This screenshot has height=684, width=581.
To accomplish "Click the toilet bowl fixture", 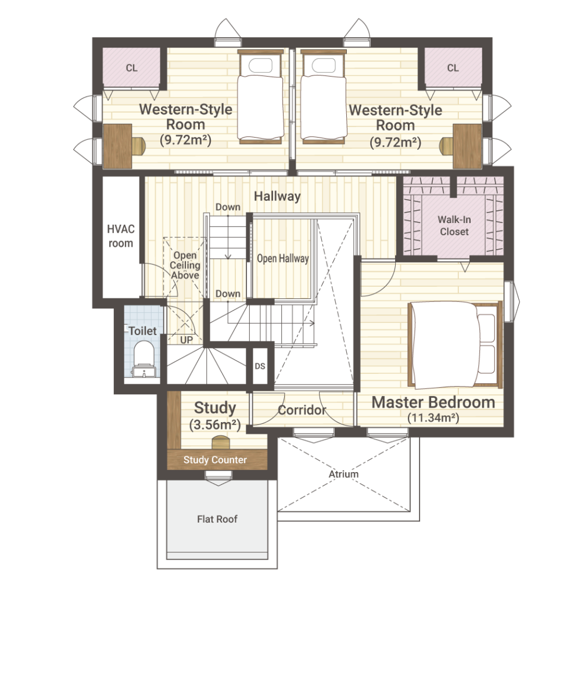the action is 143,358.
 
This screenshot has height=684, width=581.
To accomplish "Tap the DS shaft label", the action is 260,366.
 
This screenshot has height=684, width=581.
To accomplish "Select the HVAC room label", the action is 120,236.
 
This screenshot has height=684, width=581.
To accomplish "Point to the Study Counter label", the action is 215,460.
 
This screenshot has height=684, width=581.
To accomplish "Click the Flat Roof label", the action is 217,519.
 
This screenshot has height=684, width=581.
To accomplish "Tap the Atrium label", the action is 343,474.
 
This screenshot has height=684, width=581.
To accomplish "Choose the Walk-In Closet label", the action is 454,225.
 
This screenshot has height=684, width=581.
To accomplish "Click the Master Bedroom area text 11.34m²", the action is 433,417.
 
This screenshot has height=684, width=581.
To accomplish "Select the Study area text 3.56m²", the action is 215,424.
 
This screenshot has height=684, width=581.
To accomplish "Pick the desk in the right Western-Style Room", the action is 467,146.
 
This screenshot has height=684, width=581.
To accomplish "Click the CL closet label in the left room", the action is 131,68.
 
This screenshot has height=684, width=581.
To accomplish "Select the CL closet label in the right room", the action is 453,68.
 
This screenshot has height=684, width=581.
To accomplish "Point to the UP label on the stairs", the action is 187,340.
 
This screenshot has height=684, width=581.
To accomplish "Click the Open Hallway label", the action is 283,259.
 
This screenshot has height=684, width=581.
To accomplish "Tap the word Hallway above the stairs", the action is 277,196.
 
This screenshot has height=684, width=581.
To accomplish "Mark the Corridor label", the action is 302,410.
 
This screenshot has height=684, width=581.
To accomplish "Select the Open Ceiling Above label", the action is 185,265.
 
